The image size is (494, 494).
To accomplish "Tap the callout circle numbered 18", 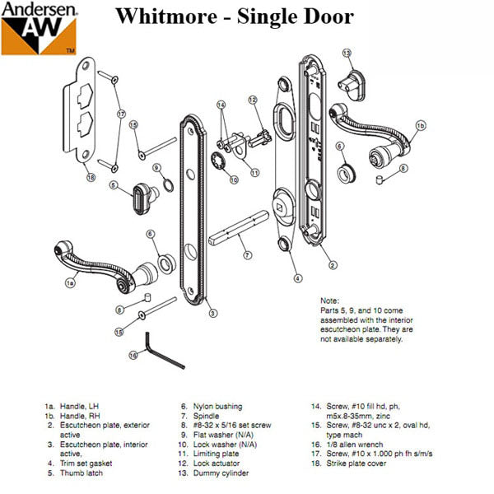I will (91, 177).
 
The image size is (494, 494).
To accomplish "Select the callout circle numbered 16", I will (133, 356).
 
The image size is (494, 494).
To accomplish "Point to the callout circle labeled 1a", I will (71, 282).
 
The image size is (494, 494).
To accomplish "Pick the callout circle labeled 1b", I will (420, 125).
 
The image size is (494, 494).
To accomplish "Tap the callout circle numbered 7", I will (246, 255).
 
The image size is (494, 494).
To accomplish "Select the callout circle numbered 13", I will (347, 54).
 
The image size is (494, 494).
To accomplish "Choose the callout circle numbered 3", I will (212, 313).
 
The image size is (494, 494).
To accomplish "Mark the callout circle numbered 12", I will (254, 100).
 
